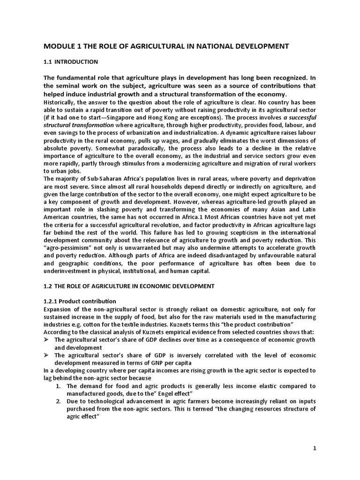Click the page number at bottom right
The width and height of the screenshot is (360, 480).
pyautogui.click(x=315, y=448)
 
